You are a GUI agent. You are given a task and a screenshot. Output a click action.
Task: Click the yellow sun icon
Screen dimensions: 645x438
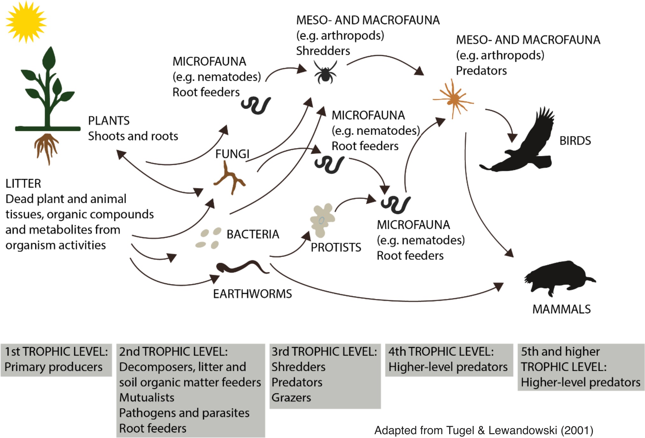pos(26,22)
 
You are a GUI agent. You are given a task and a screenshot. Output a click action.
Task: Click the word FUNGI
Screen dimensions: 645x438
pos(232,154)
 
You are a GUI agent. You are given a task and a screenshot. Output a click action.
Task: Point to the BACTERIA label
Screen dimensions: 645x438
pos(253,234)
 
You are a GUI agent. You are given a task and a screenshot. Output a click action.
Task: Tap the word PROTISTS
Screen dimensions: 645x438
pos(336,247)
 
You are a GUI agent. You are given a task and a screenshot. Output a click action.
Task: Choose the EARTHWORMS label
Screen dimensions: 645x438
pos(252,294)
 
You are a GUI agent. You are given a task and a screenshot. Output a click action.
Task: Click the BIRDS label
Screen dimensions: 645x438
pos(575,141)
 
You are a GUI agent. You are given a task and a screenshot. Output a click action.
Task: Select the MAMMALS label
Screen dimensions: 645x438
pos(562,309)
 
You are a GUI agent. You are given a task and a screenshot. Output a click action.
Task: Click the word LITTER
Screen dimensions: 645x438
pos(23,184)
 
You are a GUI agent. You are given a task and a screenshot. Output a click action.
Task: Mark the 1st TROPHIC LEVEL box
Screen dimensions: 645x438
pos(56,360)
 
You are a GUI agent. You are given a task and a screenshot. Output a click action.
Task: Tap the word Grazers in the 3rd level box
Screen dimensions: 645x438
pos(291,398)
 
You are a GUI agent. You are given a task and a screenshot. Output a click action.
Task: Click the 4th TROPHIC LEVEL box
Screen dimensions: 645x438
pos(449,360)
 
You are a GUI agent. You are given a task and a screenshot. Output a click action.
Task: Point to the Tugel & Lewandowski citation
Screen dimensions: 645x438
pos(484,430)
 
